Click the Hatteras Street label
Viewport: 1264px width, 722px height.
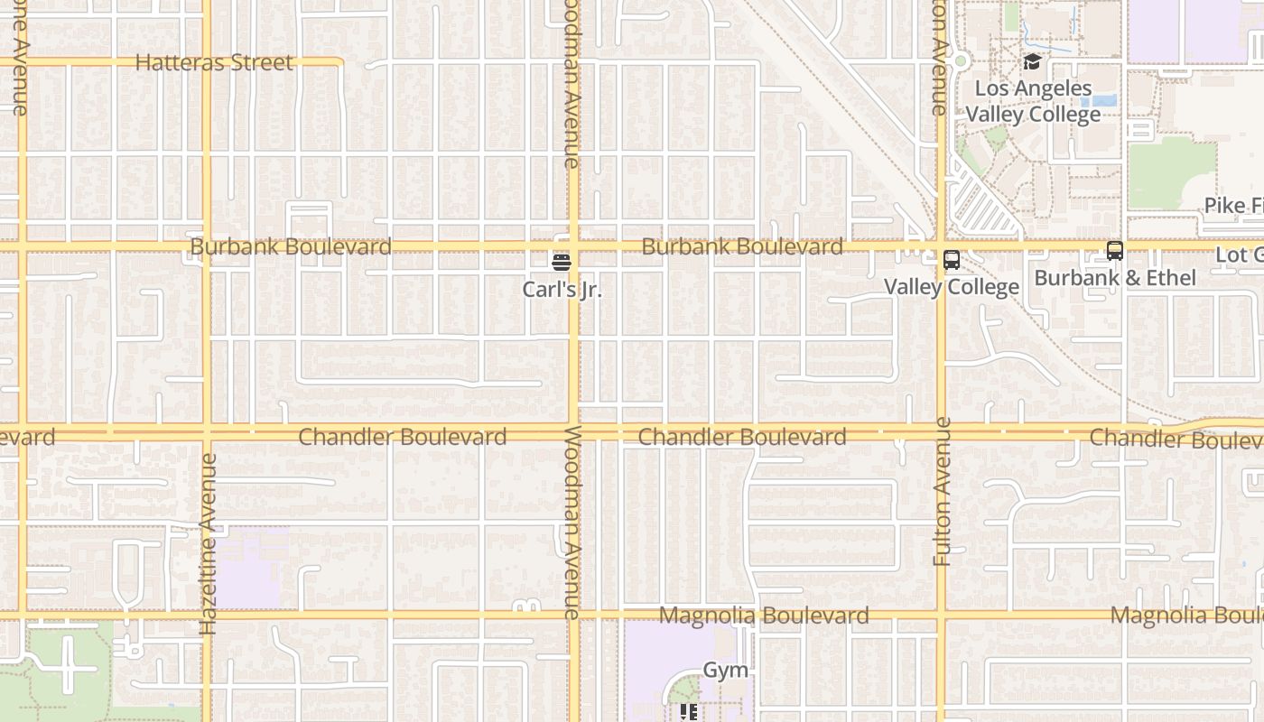click(214, 62)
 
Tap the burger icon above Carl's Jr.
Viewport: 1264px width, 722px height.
click(562, 263)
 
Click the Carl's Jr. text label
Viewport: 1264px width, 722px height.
click(562, 290)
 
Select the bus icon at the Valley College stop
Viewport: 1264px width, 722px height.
click(951, 260)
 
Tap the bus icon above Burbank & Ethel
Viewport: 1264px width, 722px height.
click(1115, 251)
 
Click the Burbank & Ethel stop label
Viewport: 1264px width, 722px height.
click(1115, 278)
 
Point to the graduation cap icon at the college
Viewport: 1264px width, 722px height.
click(1032, 61)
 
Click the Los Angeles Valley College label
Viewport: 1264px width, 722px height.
click(1034, 101)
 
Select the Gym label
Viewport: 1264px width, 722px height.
click(726, 670)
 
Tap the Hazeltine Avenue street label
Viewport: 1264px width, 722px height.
click(208, 543)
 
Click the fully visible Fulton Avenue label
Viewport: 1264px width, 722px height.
click(942, 492)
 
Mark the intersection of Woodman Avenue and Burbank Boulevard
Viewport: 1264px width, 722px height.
click(573, 246)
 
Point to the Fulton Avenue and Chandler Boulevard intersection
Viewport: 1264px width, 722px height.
click(941, 433)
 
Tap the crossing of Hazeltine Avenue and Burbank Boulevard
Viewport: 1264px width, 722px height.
click(207, 246)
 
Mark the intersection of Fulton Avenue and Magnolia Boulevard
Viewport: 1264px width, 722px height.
click(941, 616)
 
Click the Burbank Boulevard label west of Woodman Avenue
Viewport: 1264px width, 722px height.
click(291, 246)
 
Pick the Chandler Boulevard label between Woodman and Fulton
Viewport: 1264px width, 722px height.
click(742, 437)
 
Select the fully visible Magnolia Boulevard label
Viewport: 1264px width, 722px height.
click(764, 616)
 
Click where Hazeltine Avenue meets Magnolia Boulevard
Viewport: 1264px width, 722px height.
click(207, 616)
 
